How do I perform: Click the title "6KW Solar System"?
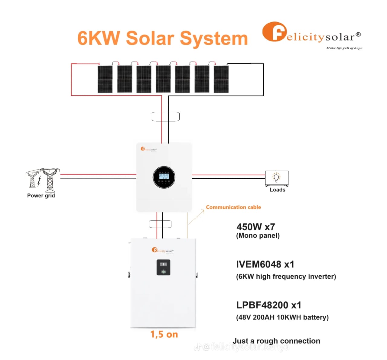[x=162, y=38]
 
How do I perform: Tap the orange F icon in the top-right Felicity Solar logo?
[x=274, y=32]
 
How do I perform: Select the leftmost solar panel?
[x=105, y=79]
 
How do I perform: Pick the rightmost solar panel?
[x=221, y=79]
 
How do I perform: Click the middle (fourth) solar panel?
[x=163, y=79]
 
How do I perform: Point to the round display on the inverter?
[x=164, y=177]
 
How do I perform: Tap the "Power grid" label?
[x=41, y=196]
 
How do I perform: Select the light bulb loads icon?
[x=277, y=178]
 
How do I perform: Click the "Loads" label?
[x=277, y=190]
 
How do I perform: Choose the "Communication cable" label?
[x=233, y=207]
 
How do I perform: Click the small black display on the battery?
[x=163, y=267]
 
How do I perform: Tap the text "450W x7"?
[x=255, y=227]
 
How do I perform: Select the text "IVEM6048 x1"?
[x=265, y=264]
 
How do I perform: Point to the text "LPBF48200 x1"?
[x=268, y=305]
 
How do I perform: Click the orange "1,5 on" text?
[x=164, y=334]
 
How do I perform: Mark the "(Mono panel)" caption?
[x=258, y=236]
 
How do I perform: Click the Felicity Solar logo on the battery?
[x=162, y=251]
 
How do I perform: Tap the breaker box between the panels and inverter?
[x=165, y=116]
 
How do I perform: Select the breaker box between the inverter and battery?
[x=160, y=224]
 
